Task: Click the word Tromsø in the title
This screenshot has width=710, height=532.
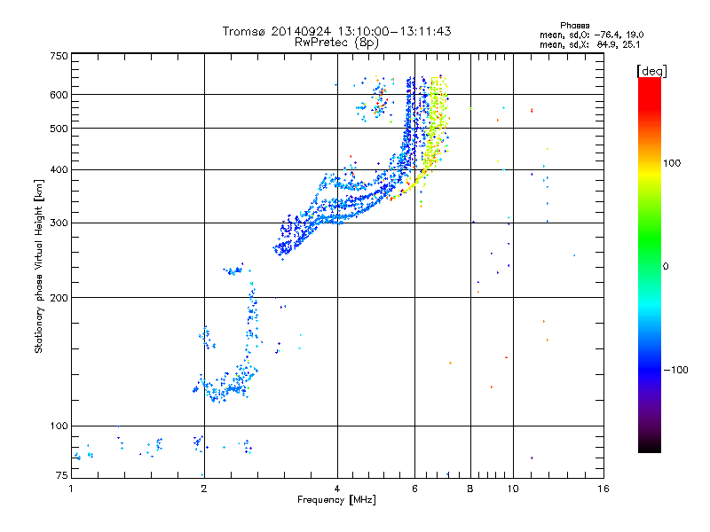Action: click(x=244, y=31)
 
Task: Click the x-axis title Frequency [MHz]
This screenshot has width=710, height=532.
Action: click(x=336, y=501)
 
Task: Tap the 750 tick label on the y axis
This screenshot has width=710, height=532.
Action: click(x=59, y=56)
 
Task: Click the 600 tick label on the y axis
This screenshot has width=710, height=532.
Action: click(x=59, y=94)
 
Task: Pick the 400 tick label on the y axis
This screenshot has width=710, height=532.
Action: click(x=59, y=169)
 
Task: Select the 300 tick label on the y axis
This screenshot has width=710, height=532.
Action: click(x=59, y=223)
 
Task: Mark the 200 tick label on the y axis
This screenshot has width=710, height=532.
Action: click(x=59, y=298)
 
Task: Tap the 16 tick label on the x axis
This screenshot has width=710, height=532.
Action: click(x=603, y=489)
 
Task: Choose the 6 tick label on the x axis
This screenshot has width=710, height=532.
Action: click(x=414, y=489)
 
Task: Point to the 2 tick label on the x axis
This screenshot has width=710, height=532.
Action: click(x=204, y=489)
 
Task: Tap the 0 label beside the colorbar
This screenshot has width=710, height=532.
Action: click(x=667, y=266)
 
